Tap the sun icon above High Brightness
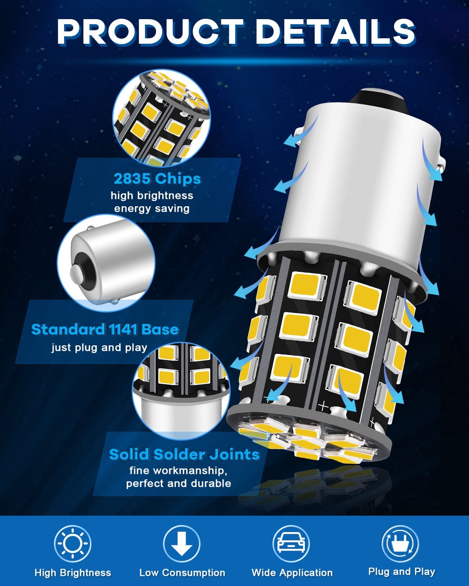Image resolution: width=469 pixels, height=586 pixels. coord(72,543)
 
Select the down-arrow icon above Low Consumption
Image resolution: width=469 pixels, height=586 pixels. coord(182,543)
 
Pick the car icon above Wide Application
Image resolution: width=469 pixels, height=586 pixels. coord(291,543)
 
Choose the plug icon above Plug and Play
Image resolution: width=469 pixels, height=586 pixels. coord(400,543)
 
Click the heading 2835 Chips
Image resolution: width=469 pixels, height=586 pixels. coord(157,179)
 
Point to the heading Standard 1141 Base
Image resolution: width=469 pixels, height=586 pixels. coord(105,329)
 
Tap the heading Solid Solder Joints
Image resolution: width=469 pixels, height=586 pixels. coord(184,454)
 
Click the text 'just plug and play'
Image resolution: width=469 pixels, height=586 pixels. coord(100,348)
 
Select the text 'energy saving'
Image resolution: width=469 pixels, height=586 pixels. coord(152,209)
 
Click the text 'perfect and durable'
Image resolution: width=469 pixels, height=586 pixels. coord(179,483)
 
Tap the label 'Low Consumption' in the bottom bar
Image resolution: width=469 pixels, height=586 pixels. coord(182,573)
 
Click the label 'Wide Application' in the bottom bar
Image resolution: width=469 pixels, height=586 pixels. coord(292,573)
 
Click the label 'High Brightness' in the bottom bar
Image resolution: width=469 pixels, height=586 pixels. coord(73,573)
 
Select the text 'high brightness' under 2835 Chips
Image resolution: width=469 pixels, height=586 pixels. coord(152,195)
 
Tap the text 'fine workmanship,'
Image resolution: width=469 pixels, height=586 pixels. coord(179,470)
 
